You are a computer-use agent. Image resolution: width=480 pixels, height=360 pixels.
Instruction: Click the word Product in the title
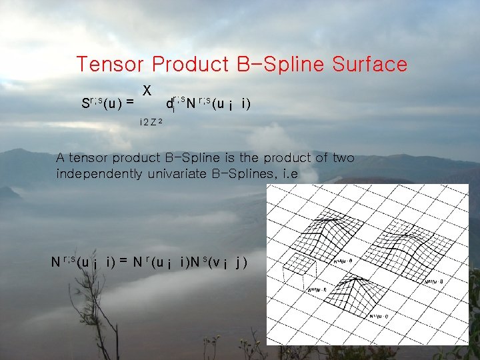click(x=191, y=65)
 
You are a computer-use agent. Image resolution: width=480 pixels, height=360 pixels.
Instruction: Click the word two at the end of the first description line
click(x=343, y=158)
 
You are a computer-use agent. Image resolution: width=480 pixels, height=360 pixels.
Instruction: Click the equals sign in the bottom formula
click(x=124, y=261)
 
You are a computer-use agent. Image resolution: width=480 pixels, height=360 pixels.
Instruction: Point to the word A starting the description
click(x=60, y=158)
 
